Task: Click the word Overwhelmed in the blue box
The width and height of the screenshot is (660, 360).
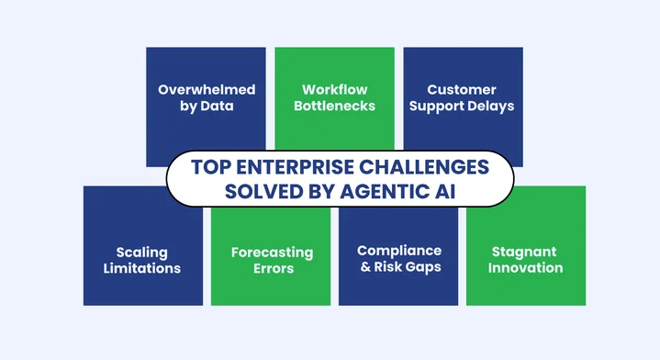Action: [206, 90]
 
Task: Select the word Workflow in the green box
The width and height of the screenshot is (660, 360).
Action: [334, 90]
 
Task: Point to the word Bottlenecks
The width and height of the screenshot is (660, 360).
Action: [334, 107]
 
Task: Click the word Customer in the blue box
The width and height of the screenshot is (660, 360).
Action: [463, 90]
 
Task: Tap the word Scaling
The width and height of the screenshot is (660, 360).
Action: [142, 252]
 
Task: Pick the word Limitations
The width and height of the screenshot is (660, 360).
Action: [142, 268]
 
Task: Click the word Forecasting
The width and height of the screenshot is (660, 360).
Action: [271, 252]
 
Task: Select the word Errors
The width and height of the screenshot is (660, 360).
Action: [271, 268]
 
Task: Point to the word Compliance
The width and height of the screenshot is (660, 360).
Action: [398, 251]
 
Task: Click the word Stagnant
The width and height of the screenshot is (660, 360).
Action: [526, 252]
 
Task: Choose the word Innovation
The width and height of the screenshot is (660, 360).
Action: [526, 268]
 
